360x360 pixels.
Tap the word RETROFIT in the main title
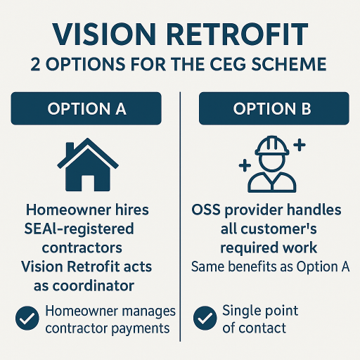(x=237, y=35)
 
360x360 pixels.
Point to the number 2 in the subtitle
(x=36, y=64)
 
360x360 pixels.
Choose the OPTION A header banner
(x=86, y=109)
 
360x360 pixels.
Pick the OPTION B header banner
(x=274, y=109)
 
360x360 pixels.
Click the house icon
(x=88, y=165)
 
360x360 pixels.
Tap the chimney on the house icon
(x=70, y=149)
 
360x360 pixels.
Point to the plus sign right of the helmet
(x=300, y=145)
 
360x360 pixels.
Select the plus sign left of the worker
(x=245, y=166)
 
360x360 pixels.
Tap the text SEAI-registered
(x=79, y=229)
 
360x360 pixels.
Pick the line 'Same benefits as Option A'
(x=270, y=267)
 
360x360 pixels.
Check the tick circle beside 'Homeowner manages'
(x=27, y=318)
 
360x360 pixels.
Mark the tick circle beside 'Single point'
(x=205, y=318)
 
